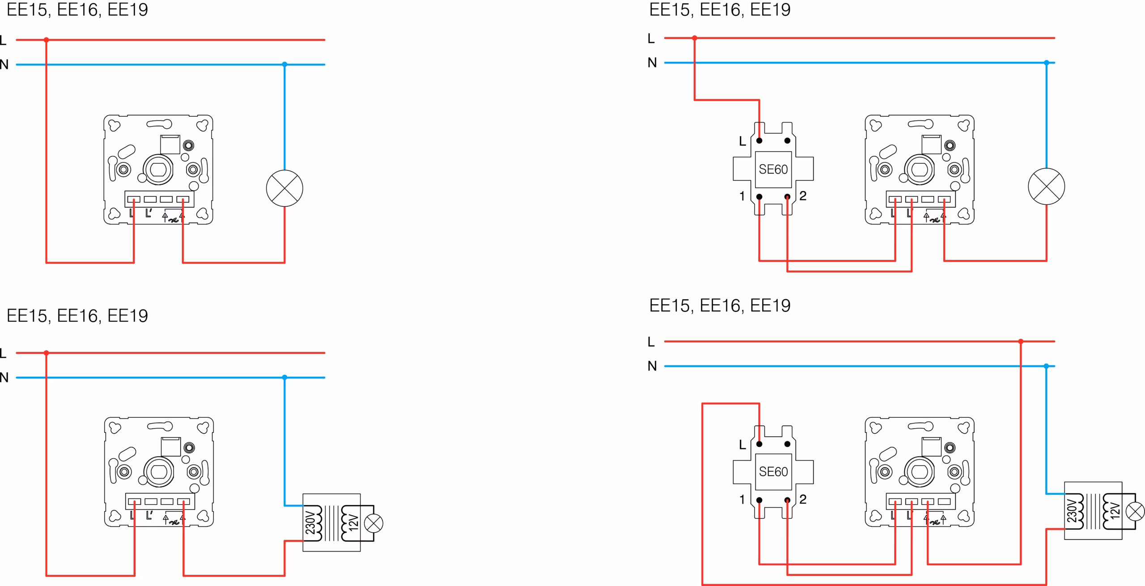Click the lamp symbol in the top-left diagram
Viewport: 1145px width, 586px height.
(284, 188)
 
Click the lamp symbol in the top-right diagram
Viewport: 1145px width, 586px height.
(1046, 187)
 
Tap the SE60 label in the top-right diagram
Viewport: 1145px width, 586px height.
(773, 170)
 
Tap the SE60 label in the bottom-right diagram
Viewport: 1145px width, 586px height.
(773, 471)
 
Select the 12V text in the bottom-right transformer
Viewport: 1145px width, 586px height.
(1115, 511)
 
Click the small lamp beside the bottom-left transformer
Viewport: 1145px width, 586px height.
(373, 523)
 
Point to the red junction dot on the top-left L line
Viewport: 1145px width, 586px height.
(46, 40)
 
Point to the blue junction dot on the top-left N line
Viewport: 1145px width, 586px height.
(284, 64)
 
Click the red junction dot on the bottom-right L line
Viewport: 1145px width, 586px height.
(1021, 341)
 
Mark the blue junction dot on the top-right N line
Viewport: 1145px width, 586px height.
(1046, 63)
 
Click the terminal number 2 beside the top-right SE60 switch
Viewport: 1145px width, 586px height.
(803, 196)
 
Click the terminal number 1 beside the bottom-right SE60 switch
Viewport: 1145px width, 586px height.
(742, 499)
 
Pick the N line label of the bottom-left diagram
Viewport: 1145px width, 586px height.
(4, 378)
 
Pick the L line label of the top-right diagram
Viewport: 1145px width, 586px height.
(651, 38)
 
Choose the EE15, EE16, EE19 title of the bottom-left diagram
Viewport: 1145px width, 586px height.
(77, 316)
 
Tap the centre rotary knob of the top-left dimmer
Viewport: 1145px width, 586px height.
(158, 170)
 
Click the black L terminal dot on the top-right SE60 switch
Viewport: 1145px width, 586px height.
(759, 140)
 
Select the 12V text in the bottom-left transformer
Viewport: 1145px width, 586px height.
(353, 522)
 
